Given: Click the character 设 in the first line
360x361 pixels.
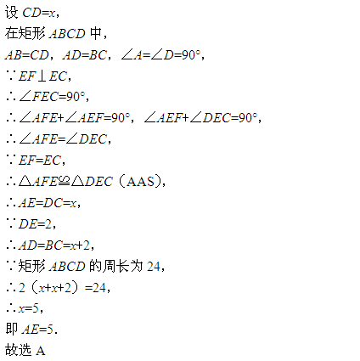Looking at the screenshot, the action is (12, 13).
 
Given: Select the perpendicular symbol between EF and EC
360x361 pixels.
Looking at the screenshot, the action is (42, 76).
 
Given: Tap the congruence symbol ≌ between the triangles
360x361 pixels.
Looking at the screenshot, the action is (64, 181).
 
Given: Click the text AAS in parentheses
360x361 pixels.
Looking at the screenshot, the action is (141, 182).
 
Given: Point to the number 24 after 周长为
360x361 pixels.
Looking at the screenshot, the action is (154, 266).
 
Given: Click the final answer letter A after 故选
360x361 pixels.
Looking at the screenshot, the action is (41, 351).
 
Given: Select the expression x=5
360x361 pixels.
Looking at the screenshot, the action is (28, 308).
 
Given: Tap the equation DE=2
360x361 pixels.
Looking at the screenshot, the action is (36, 224).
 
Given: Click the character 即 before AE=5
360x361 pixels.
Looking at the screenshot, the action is (12, 330).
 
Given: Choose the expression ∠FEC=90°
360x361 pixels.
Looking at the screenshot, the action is (53, 97).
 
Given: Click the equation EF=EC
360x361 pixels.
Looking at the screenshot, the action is (40, 161).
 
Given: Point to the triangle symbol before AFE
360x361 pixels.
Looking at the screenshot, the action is (25, 181).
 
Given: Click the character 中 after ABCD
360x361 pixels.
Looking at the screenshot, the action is (96, 34).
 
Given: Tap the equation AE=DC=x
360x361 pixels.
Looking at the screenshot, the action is (48, 203).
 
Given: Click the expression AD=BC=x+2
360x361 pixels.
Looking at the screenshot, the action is (54, 245).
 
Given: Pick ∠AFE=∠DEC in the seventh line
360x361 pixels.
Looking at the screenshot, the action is (63, 139).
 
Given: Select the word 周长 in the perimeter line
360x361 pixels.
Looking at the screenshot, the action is (115, 266).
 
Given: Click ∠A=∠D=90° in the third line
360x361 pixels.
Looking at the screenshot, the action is (160, 54).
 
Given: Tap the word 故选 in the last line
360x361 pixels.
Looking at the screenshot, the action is (18, 351).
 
